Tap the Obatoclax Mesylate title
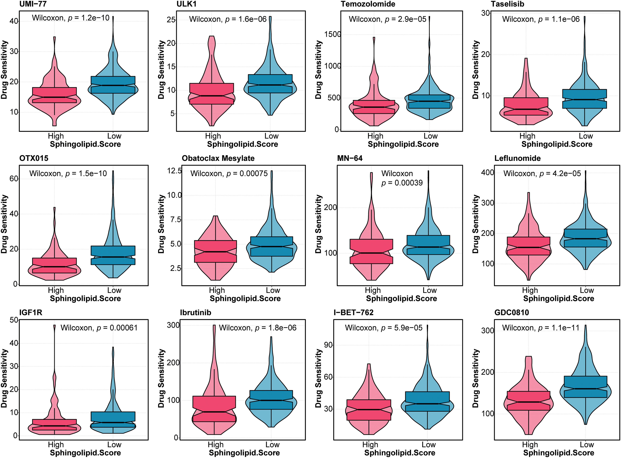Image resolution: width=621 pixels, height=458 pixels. coord(218,158)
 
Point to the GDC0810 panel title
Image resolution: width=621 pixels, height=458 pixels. coord(512,313)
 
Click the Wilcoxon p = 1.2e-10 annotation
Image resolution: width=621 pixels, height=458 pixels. coord(71,18)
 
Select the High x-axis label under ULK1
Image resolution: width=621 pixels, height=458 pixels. coord(213,136)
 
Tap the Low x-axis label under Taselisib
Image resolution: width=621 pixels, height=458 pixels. coord(586,136)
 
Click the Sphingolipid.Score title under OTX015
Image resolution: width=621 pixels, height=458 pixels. coord(85,299)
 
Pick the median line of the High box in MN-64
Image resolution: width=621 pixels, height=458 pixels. coord(371,253)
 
